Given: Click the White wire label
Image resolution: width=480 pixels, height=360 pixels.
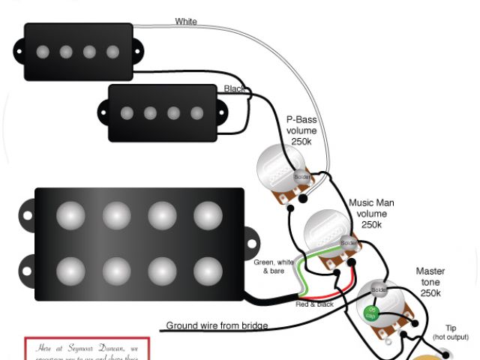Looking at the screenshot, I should pos(186,22).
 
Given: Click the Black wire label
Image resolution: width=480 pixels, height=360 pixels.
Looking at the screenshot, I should pos(233,89).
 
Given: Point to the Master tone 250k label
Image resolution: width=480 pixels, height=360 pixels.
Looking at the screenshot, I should pos(430,282).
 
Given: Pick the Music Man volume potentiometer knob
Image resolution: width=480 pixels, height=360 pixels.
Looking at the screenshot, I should pos(325,235).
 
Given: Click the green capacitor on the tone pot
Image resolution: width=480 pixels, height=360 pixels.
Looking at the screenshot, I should pos(370,313).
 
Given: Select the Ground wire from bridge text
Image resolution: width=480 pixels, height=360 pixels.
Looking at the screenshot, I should pos(217,325).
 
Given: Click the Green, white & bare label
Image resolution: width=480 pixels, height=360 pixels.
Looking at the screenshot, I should pos(275,266).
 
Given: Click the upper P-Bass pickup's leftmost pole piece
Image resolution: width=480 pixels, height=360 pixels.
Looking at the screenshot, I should pos(43,52).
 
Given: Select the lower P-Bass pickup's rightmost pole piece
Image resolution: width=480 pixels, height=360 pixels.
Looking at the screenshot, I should pos(197,113).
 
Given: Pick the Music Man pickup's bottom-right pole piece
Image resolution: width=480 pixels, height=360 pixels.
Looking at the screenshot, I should pos(208,270).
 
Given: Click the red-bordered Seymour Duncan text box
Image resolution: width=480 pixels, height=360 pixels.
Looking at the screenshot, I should pos(87,349).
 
